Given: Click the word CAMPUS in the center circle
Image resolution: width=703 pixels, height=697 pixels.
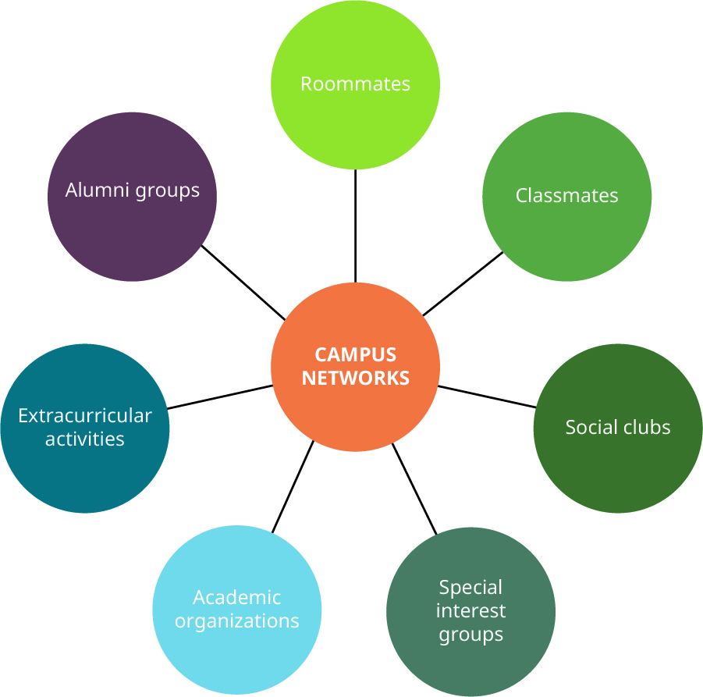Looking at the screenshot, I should pyautogui.click(x=355, y=354).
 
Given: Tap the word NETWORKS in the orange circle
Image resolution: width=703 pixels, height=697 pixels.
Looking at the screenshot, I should pyautogui.click(x=355, y=378).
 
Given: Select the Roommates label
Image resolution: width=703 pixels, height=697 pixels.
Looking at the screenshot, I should pyautogui.click(x=355, y=84).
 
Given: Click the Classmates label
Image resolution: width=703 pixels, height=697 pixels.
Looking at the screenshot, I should pyautogui.click(x=566, y=195).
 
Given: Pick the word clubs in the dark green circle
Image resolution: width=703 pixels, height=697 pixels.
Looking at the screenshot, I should pyautogui.click(x=644, y=427).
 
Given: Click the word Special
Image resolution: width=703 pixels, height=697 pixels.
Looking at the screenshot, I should pyautogui.click(x=470, y=587).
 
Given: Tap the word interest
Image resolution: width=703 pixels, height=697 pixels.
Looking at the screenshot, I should pyautogui.click(x=470, y=610).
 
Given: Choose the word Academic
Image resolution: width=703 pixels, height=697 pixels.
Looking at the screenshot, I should pyautogui.click(x=236, y=597).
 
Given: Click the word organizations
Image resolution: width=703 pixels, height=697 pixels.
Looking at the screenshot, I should pyautogui.click(x=236, y=621).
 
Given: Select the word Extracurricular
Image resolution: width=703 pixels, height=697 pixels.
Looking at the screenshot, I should pyautogui.click(x=84, y=415).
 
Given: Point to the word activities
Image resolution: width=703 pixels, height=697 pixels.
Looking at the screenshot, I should pyautogui.click(x=84, y=439).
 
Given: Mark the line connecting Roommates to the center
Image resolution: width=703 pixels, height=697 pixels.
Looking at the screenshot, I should pyautogui.click(x=355, y=226).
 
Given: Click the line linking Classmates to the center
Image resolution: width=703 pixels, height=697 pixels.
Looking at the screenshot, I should pyautogui.click(x=463, y=283).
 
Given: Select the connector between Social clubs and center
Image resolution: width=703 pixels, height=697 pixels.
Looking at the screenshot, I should pyautogui.click(x=487, y=397).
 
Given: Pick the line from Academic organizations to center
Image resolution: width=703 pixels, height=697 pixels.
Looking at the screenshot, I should pyautogui.click(x=293, y=487).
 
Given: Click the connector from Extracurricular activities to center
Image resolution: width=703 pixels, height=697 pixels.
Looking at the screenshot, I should pyautogui.click(x=220, y=397).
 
